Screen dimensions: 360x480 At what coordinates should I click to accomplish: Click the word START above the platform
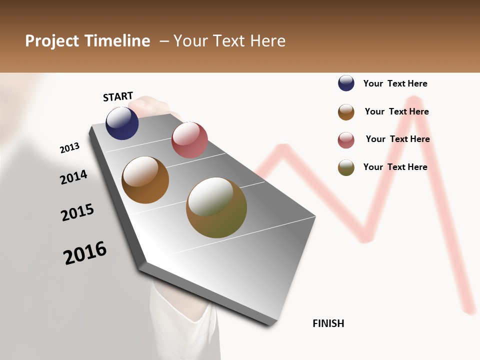coord(118,96)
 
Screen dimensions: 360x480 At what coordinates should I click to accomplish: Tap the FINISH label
coord(328,323)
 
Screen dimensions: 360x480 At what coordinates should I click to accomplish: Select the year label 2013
coord(69,148)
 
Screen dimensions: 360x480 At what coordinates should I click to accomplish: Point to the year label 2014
coord(73,177)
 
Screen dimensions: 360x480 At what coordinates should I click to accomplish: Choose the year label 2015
coord(77,212)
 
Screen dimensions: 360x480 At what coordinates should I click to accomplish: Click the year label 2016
coord(85,253)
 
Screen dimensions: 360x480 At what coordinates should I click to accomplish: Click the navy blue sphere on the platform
coord(122,123)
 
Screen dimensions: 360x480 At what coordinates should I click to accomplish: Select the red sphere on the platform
coord(189,140)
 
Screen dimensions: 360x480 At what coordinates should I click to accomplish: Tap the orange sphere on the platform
coord(145,180)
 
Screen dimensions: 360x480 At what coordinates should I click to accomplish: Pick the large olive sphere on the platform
coord(216,207)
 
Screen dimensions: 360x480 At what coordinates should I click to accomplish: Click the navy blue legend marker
coord(346,83)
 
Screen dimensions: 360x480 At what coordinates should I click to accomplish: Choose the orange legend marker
coord(346,112)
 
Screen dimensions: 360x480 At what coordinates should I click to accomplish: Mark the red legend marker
coord(346,140)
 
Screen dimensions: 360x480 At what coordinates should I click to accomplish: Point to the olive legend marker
coord(346,167)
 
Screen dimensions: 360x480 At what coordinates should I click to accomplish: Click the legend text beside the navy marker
coord(395,83)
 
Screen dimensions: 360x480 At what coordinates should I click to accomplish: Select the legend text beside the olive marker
coord(395,167)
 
